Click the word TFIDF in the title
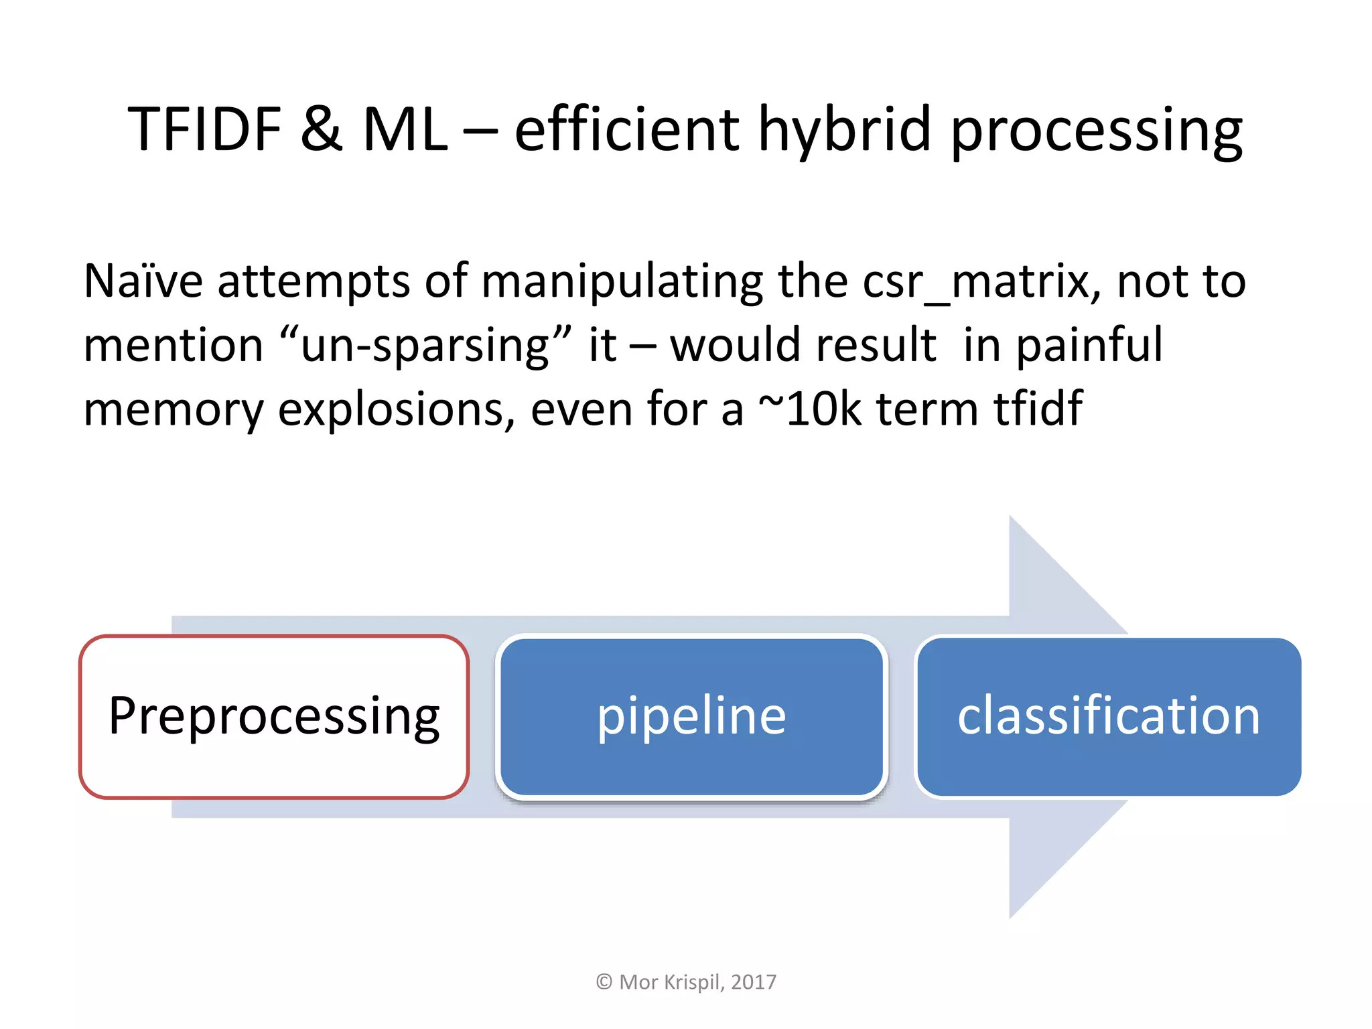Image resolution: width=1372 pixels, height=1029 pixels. pos(204,129)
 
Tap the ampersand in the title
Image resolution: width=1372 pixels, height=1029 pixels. pos(322,129)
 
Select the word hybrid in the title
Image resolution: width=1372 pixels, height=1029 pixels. pos(844,129)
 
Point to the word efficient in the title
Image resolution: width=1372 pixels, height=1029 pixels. pos(626,129)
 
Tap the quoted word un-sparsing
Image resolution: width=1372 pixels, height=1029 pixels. pos(426,345)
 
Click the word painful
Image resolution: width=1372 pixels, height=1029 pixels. pos(1089,346)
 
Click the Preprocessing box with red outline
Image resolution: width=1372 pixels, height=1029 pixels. pos(274,716)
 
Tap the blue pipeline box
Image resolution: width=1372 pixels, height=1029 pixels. pos(691,716)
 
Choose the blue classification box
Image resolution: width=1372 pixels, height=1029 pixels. pos(1109,716)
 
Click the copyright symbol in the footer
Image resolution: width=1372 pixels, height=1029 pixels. pos(604,982)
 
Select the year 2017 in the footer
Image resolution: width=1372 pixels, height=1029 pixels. pos(754,982)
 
